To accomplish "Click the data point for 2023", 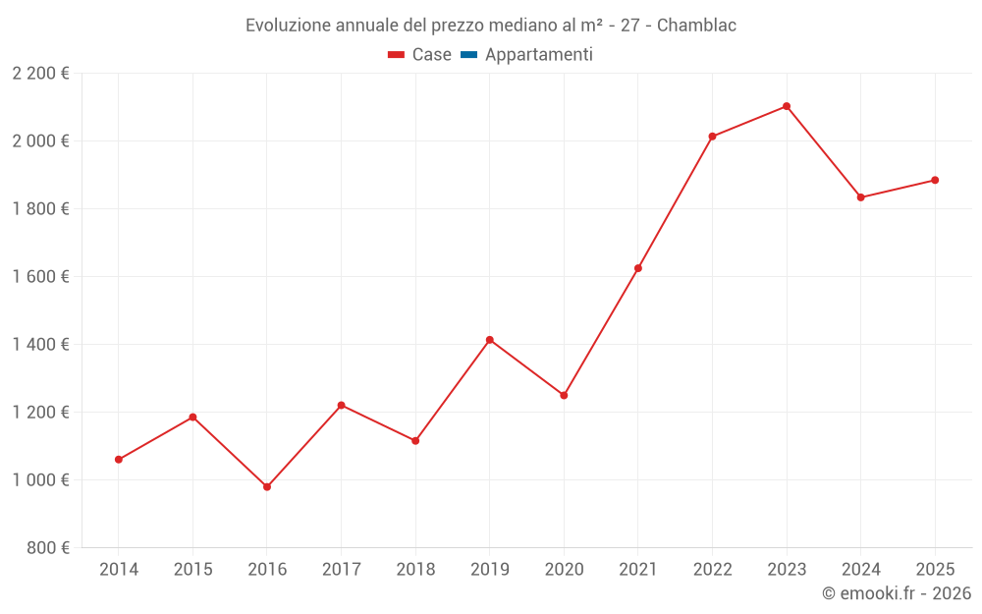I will coord(787,106).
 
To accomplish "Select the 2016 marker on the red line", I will coord(267,486).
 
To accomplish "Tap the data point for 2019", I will coord(490,340).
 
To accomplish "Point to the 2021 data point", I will coord(638,268).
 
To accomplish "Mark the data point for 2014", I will coord(119,460).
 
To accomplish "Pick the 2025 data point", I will coord(935,180).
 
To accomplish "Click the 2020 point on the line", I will coord(564,395).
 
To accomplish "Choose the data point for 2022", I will coord(712,137).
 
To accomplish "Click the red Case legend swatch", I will coord(397,55).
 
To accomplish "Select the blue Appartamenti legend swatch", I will coord(468,55).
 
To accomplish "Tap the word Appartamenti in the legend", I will coord(539,55).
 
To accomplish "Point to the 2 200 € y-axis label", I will coord(40,74).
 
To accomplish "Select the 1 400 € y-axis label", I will coord(40,344).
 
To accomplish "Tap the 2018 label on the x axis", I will coord(415,570).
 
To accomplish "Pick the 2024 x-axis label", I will coord(860,570).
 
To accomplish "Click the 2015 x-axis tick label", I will coord(192,570).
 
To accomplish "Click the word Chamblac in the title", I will coord(696,26).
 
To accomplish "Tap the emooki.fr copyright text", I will coord(896,593).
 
